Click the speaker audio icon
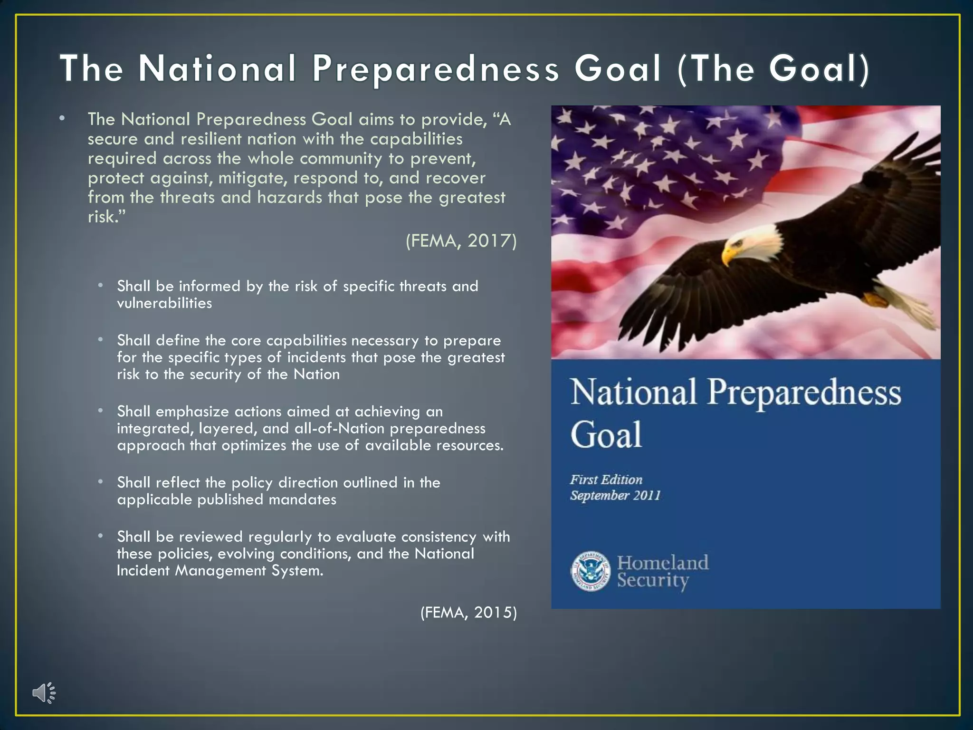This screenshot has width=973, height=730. (44, 693)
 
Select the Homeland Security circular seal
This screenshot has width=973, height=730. (591, 571)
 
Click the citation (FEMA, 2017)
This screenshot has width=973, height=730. (461, 241)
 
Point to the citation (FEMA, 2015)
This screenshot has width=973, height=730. (468, 612)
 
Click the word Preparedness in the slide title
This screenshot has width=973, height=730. (436, 68)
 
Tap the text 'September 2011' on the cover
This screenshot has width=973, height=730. (615, 496)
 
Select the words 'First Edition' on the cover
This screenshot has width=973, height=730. (606, 480)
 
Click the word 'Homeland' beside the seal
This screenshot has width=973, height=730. (663, 563)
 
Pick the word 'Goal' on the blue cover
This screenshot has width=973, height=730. (606, 434)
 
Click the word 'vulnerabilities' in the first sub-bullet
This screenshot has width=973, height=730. (164, 303)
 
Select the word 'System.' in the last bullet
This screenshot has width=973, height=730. (297, 570)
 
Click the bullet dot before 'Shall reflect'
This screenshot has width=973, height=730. (101, 482)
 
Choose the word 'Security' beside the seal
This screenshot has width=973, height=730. (653, 580)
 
